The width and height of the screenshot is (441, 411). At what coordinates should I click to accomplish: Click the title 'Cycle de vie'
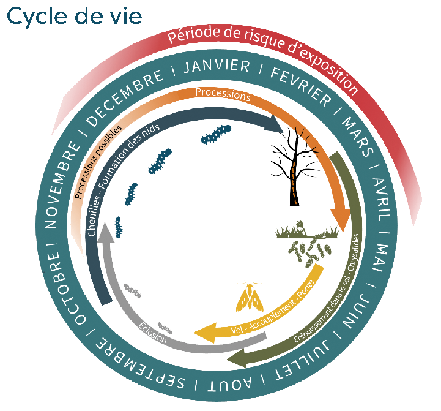[x=75, y=17]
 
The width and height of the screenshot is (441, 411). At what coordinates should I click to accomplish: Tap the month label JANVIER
[x=217, y=66]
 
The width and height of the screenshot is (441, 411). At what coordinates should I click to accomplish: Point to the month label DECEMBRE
[x=126, y=97]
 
